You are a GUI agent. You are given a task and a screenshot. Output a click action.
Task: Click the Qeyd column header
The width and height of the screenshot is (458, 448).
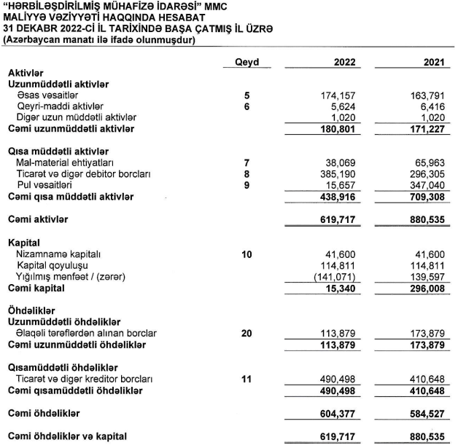tap(247, 63)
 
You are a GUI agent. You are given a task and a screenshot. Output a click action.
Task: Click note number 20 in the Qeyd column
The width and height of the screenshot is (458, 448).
tap(247, 334)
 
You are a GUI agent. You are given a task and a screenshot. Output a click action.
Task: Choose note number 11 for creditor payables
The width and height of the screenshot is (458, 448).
tap(247, 379)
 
